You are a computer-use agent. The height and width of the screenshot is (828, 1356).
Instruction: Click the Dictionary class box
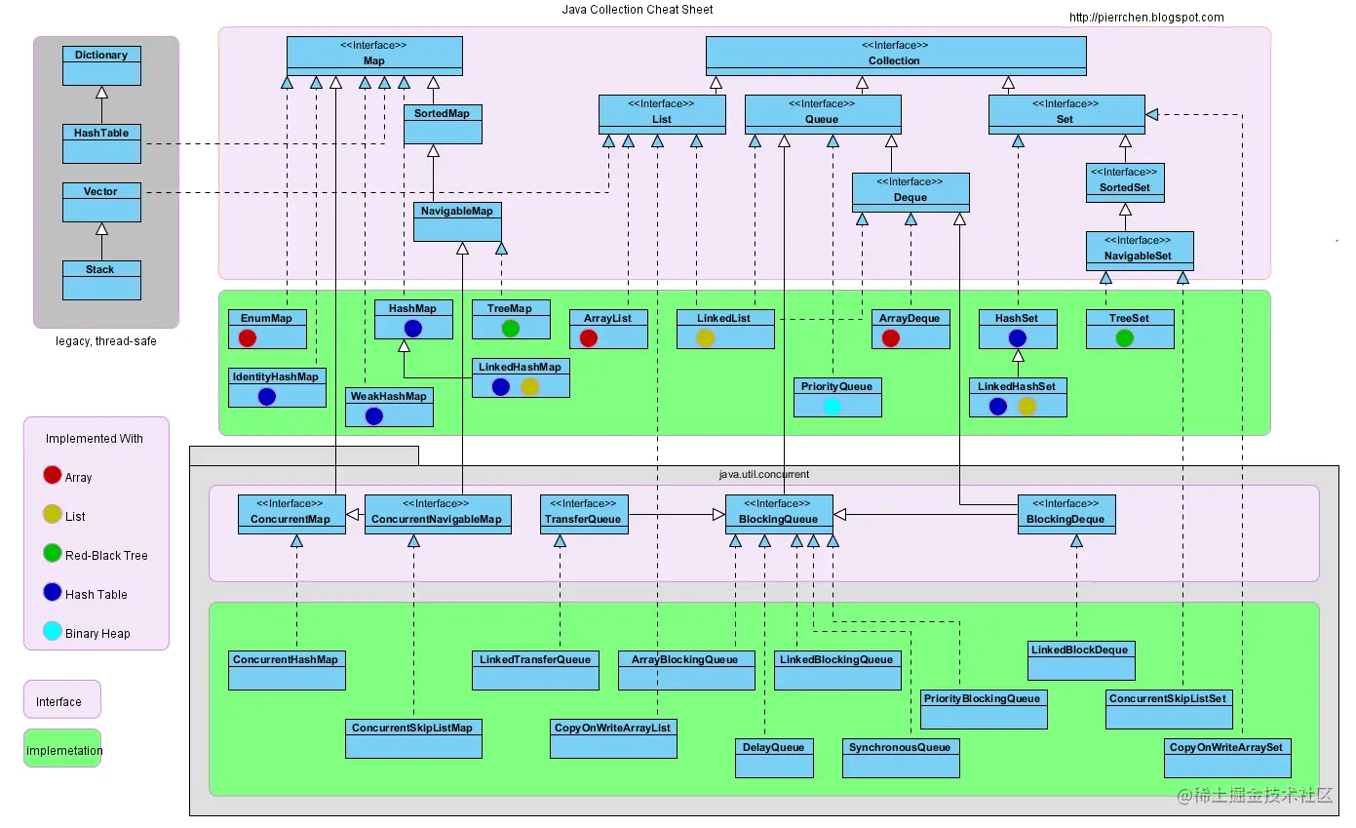(x=101, y=65)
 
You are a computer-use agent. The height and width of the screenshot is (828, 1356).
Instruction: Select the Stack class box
(x=101, y=280)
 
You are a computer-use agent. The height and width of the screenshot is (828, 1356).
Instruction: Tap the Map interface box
(x=374, y=56)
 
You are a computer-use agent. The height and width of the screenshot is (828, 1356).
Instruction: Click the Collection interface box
(x=895, y=56)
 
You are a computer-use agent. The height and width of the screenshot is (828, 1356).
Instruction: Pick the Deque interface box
(x=910, y=192)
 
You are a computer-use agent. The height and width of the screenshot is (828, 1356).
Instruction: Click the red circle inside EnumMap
(x=248, y=337)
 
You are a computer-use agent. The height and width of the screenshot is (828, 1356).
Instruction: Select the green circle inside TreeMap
(x=511, y=328)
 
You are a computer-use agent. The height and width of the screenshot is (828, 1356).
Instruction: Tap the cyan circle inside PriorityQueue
(x=833, y=406)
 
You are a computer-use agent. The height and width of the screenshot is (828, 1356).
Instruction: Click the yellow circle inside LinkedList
(x=706, y=337)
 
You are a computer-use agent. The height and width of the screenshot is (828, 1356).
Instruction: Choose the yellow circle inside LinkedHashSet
(x=1027, y=406)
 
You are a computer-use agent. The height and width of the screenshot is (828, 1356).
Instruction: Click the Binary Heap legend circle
(x=53, y=632)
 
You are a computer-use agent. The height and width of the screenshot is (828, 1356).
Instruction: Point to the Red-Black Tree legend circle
(x=53, y=554)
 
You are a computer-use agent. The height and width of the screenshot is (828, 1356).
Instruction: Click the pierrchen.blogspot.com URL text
(x=1146, y=17)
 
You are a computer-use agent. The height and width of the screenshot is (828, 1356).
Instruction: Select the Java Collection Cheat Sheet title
(x=638, y=10)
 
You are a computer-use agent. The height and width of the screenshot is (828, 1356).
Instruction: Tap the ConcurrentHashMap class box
(x=287, y=670)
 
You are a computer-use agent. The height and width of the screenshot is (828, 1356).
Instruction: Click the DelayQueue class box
(x=774, y=758)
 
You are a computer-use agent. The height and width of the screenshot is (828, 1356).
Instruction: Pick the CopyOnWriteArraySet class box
(x=1227, y=758)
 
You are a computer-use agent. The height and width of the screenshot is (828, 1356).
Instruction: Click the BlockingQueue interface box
(x=779, y=514)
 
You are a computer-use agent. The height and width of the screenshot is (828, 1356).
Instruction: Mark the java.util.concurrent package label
(x=764, y=474)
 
